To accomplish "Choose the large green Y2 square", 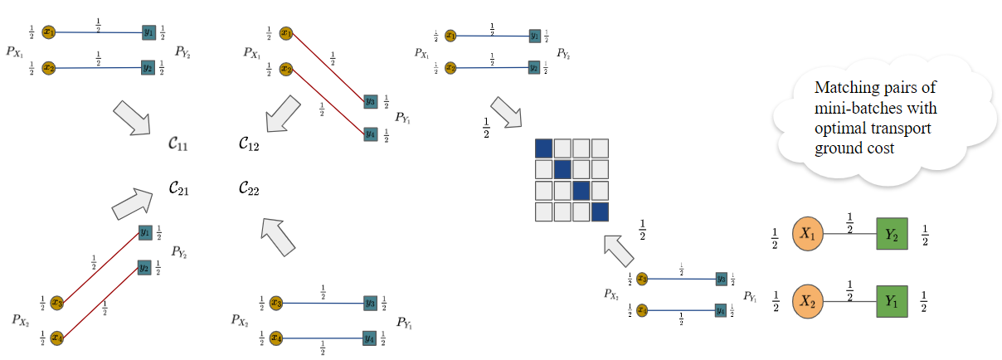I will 892,236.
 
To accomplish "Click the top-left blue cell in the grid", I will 544,148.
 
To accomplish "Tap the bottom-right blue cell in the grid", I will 600,212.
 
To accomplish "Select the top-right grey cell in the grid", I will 600,148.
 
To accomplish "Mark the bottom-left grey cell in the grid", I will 544,212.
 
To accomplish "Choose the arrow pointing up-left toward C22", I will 278,236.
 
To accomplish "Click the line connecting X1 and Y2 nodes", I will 850,236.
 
